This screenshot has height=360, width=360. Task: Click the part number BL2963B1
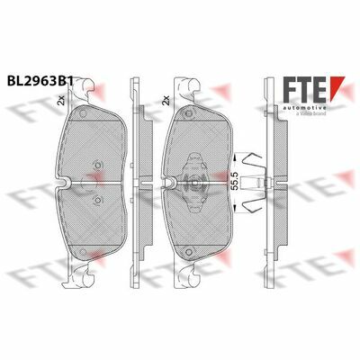40,81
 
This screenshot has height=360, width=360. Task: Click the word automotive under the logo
305,107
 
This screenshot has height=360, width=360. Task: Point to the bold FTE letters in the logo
305,89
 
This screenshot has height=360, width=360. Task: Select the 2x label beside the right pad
166,100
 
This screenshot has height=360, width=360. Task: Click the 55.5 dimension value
235,181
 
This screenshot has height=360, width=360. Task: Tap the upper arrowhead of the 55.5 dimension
235,157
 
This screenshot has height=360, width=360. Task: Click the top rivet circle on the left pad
82,113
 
